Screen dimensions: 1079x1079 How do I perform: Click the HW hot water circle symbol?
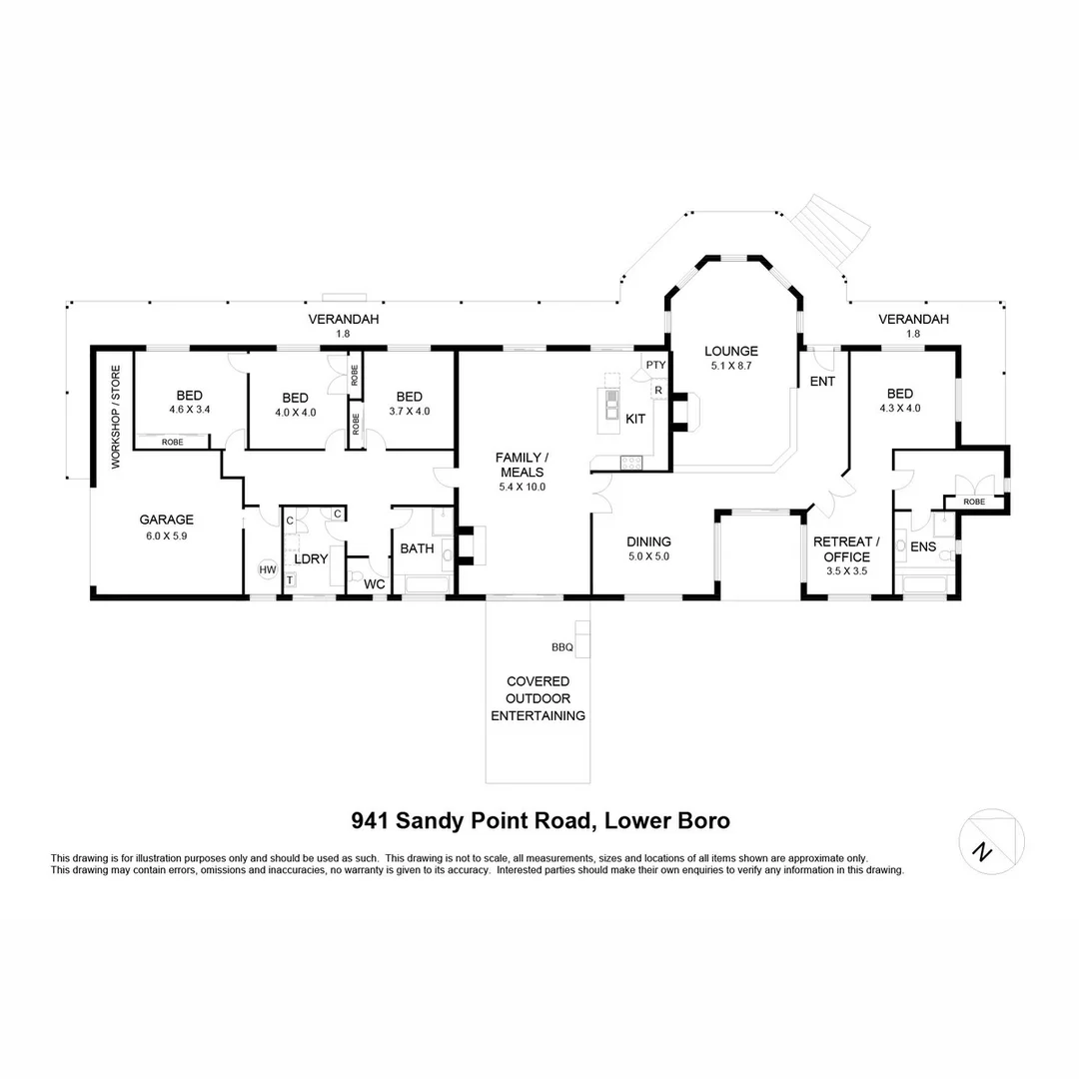268,569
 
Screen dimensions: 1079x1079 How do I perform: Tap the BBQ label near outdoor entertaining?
561,647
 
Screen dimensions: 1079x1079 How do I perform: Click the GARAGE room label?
166,520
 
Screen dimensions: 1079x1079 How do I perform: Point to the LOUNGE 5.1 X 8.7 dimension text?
731,367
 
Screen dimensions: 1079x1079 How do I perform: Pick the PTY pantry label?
655,365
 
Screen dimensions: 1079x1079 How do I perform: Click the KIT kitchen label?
635,420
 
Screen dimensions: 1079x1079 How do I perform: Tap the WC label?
375,583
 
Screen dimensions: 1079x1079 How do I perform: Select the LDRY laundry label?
312,559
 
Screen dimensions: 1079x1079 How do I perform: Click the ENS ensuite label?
923,547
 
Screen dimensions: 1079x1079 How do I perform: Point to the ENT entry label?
822,382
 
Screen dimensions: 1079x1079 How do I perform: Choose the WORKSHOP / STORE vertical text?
115,418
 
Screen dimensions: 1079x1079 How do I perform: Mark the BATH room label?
417,548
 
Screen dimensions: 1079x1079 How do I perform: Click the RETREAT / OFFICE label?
846,549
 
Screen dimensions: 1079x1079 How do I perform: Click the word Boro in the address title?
701,821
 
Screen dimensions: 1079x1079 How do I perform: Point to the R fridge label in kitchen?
658,391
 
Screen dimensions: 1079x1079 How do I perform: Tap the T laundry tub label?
290,579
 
